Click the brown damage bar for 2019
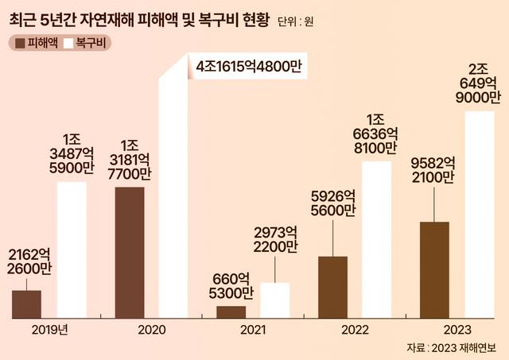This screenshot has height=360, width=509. click(26, 304)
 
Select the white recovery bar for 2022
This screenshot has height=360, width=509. click(376, 239)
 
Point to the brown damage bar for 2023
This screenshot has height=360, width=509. click(433, 269)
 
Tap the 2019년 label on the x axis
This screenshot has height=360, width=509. click(49, 330)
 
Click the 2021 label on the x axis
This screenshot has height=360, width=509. click(253, 330)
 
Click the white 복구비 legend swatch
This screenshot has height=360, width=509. click(68, 43)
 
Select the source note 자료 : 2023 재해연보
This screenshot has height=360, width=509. click(449, 348)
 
